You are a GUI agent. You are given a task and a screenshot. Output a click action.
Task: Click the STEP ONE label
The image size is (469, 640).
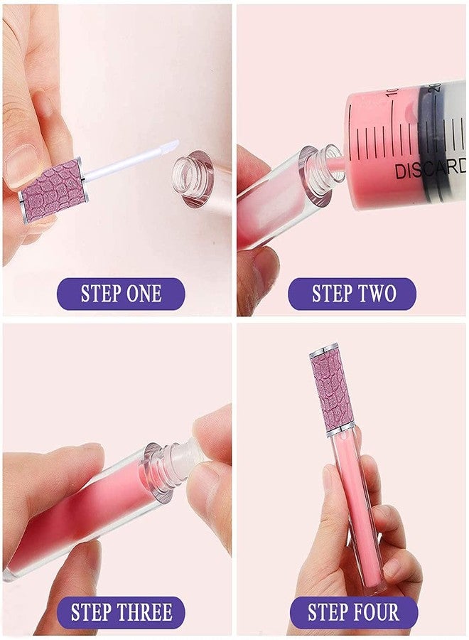(121, 294)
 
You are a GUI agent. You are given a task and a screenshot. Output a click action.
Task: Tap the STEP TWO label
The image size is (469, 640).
(353, 294)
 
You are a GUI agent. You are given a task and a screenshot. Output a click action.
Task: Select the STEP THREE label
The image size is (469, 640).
(121, 612)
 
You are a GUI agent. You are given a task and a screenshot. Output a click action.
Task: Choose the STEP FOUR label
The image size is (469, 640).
(353, 612)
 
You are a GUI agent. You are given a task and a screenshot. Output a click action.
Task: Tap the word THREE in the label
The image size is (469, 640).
(146, 612)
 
